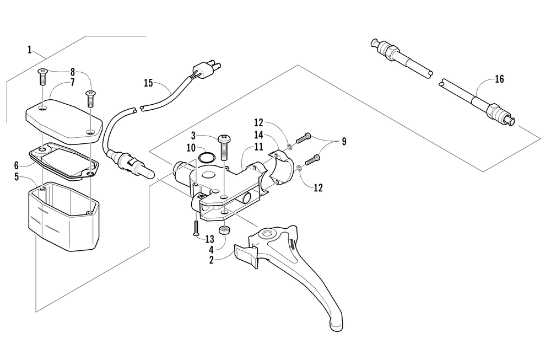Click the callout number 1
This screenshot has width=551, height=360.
[29, 50]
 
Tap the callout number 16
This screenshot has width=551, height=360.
[499, 79]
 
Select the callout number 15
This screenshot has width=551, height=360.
[148, 83]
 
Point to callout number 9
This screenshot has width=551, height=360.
[344, 142]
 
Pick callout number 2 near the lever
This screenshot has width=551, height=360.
[211, 260]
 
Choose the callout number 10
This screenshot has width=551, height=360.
[191, 148]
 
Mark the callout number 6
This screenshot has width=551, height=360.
[17, 165]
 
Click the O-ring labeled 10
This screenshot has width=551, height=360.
[207, 158]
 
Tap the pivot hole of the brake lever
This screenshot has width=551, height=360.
[268, 236]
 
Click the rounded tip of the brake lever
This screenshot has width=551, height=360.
[336, 325]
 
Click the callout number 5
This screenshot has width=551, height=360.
[17, 177]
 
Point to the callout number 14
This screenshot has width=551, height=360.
[258, 135]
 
